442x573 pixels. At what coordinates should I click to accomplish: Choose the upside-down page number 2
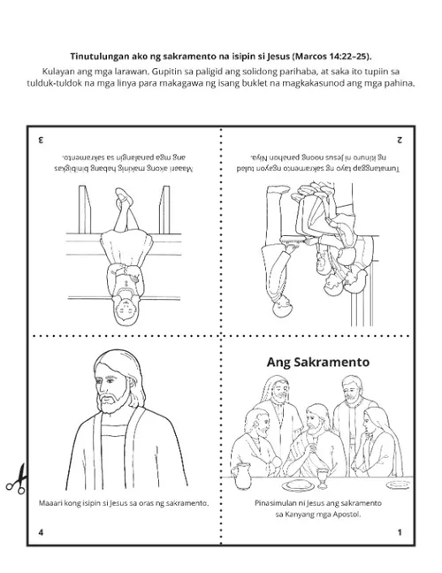(400, 140)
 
